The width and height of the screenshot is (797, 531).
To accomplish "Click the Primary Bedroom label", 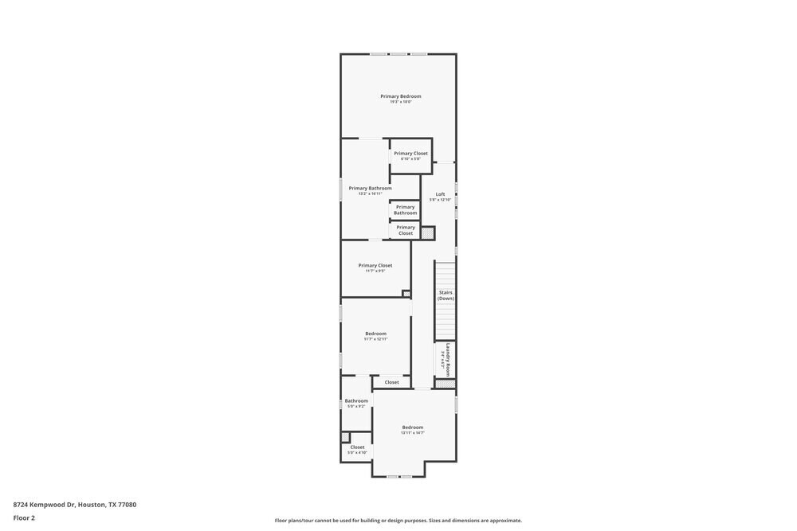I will tap(400, 96).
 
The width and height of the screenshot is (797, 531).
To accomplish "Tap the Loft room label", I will tap(440, 194).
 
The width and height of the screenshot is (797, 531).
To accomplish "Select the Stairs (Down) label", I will tap(446, 295).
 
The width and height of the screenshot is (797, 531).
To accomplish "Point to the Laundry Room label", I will tap(449, 359).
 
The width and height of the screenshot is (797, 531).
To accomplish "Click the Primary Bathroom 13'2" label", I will tap(370, 189).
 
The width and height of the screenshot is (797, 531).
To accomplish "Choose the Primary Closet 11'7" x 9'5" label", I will tap(375, 266).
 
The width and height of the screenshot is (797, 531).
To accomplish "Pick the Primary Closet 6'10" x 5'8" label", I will tap(410, 154).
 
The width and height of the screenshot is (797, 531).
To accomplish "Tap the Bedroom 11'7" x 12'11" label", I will tap(375, 334).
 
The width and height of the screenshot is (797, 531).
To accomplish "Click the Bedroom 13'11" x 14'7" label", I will tap(412, 428).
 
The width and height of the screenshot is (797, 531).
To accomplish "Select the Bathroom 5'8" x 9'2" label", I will tap(356, 401).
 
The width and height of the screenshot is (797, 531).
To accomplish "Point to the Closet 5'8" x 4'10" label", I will tap(357, 447).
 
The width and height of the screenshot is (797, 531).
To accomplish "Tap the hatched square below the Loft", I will tap(428, 233).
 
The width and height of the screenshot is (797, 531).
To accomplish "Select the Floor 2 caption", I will tap(24, 517).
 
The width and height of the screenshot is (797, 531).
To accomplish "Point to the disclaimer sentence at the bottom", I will tap(398, 520).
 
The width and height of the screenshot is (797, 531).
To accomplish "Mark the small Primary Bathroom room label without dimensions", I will tap(405, 210).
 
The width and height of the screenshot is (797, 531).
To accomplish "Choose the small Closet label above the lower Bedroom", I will tap(391, 383).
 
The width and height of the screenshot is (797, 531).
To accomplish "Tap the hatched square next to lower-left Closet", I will tap(345, 437).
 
